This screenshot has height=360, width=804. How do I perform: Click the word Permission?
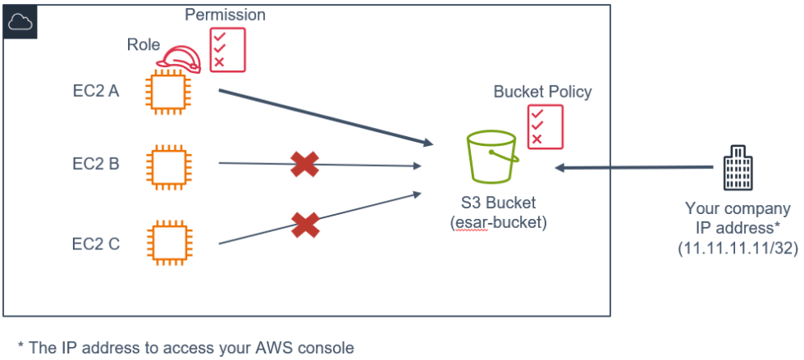pos(225,15)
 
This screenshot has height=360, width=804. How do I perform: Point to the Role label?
pos(144,43)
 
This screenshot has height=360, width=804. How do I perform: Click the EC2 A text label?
pos(95,91)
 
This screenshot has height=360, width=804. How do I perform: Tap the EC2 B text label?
pos(95,164)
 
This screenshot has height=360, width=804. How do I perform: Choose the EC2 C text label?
pos(95,243)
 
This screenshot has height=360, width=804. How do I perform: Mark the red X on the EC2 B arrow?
pos(304,165)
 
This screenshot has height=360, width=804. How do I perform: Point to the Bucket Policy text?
pos(542,92)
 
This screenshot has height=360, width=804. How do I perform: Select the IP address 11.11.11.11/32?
pos(738,248)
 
